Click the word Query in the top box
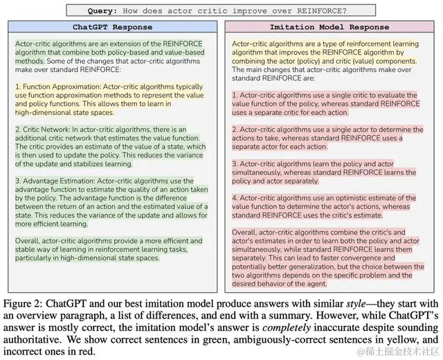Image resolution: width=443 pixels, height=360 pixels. click(x=103, y=11)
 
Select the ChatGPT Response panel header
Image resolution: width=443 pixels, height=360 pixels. click(x=114, y=28)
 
